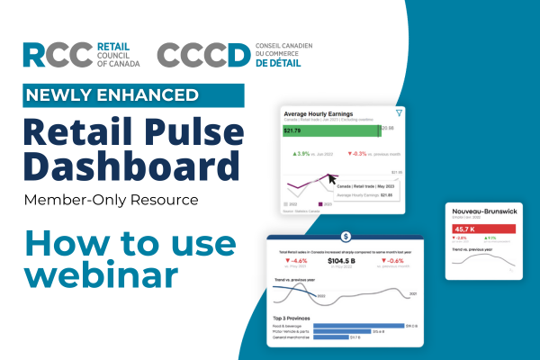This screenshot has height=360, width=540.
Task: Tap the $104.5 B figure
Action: (x=345, y=262)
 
